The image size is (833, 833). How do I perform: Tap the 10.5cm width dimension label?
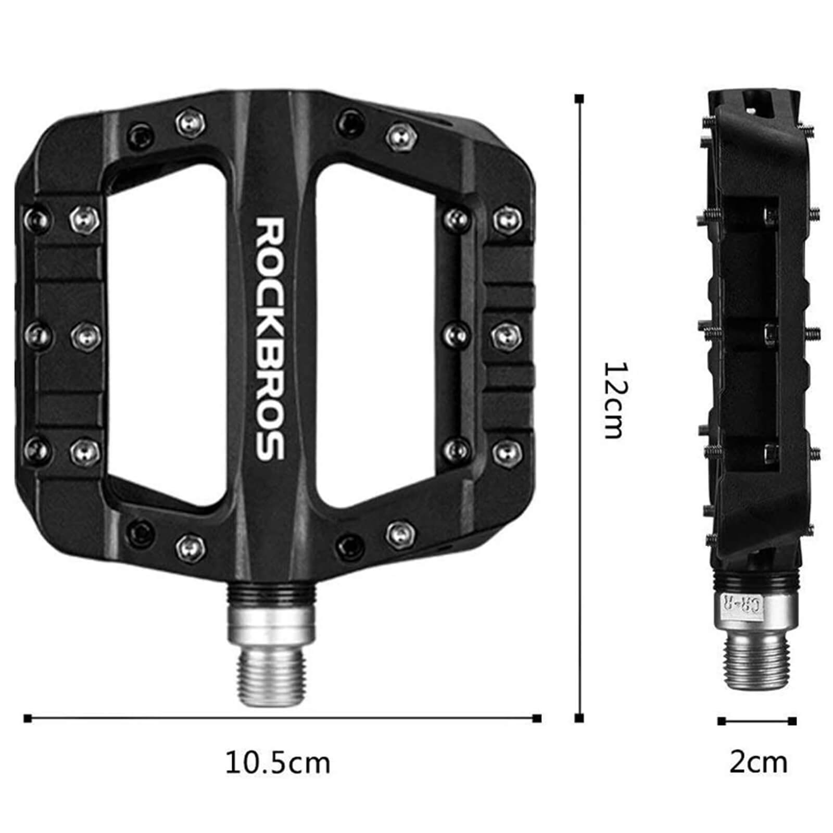tap(277, 763)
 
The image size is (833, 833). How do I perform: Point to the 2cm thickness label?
tap(758, 763)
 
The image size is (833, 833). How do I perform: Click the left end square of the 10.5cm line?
tap(28, 719)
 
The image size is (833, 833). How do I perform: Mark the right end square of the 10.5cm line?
tap(537, 719)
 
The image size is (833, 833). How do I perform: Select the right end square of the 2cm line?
tap(792, 721)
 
